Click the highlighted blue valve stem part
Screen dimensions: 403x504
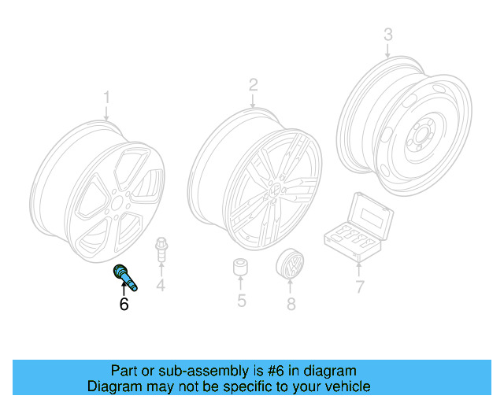click(x=126, y=276)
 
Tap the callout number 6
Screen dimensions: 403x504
click(x=124, y=304)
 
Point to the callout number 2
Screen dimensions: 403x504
click(x=253, y=84)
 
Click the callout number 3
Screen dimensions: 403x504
click(x=387, y=35)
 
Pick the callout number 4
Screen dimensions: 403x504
click(x=161, y=285)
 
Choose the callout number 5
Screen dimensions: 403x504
click(x=242, y=300)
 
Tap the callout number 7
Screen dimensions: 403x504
click(x=360, y=287)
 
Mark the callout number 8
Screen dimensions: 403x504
click(x=291, y=302)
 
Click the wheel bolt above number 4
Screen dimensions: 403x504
click(x=161, y=248)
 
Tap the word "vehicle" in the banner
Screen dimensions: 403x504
click(x=345, y=386)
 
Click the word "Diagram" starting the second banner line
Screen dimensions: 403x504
click(x=115, y=386)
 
